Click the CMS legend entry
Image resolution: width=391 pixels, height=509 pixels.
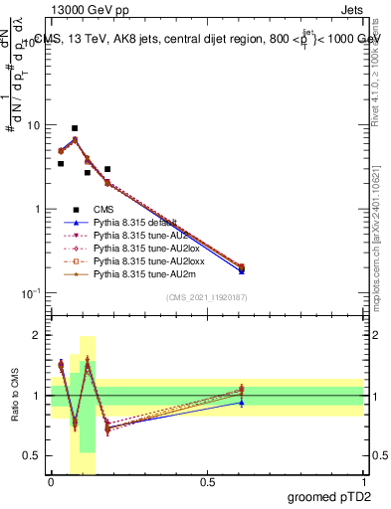coord(104,209)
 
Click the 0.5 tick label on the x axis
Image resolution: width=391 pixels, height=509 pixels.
coord(207,481)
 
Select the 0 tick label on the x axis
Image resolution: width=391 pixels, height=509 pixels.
coord(51,481)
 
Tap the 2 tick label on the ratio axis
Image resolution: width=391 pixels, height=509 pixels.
coord(38,335)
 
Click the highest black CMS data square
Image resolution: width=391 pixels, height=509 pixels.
coord(75,128)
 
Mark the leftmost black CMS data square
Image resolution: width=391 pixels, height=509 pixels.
coord(61,163)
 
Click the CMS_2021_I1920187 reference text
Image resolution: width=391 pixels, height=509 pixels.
coord(206,298)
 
